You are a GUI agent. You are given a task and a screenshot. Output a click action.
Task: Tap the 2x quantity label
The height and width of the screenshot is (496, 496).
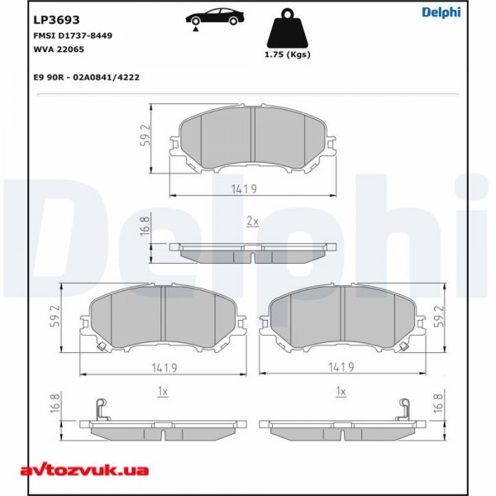(253, 222)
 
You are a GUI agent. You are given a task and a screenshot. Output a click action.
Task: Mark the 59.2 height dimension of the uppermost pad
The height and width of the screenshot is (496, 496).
(145, 137)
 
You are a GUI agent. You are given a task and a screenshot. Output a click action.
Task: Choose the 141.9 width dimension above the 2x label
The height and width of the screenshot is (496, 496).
(253, 189)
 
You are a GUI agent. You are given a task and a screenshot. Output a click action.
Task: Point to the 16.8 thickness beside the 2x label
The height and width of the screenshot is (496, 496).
(145, 226)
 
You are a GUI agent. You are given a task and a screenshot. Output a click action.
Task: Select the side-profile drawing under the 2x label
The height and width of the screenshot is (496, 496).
(253, 252)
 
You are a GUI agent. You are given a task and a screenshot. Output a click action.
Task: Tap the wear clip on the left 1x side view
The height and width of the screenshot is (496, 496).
(101, 407)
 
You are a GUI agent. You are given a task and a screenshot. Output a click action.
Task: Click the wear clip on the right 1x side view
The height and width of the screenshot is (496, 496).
(405, 407)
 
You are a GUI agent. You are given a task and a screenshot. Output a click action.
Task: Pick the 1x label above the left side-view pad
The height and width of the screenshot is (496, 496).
(163, 389)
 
